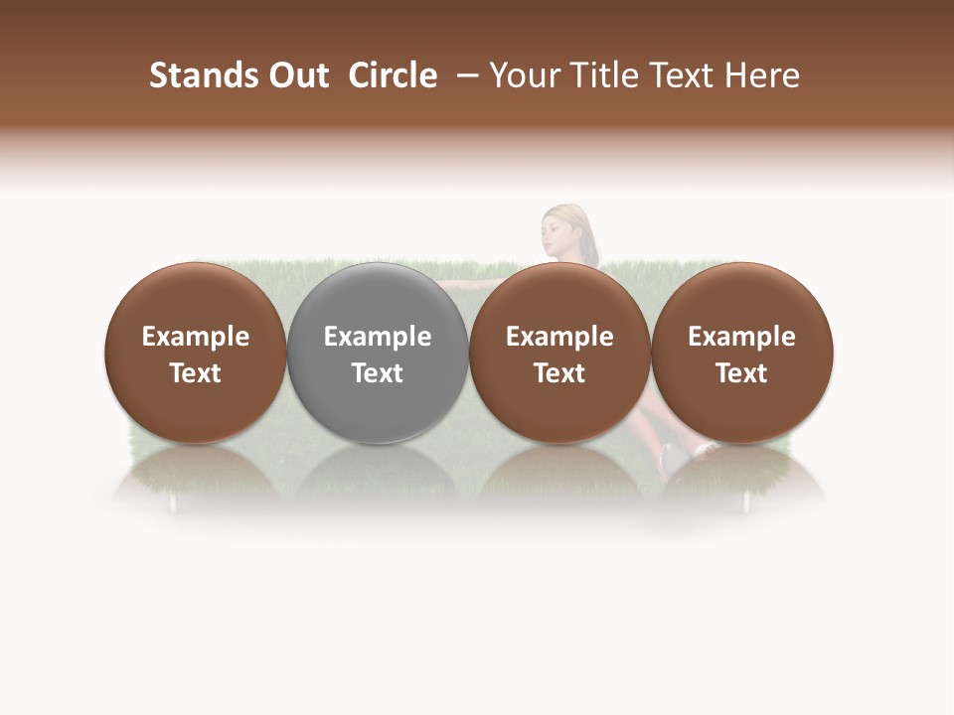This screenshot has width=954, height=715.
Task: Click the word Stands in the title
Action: [202, 75]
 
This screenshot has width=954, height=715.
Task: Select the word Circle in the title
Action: [393, 75]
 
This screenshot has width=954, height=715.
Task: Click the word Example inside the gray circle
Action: [378, 337]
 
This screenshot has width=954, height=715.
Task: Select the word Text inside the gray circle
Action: [378, 373]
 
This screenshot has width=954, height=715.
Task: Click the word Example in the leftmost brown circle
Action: [195, 337]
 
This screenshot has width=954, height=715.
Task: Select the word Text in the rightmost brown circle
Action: [741, 373]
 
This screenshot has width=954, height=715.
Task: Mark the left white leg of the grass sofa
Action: [174, 504]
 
